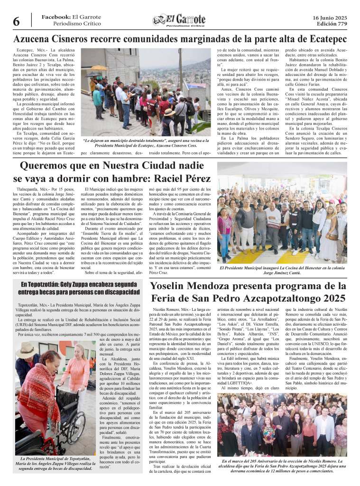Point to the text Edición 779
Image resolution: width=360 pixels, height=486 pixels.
pos(332,24)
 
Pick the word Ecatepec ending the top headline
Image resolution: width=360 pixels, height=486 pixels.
pos(321,38)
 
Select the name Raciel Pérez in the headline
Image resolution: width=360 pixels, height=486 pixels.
pos(184,179)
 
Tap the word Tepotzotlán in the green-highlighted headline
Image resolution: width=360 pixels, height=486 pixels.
pos(47,284)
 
